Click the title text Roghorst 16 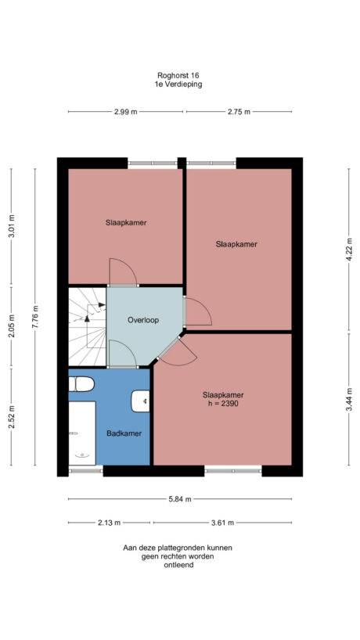(178, 76)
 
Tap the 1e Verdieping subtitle (178, 84)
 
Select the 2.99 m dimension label (125, 113)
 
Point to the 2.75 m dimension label (239, 113)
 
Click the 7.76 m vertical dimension (34, 318)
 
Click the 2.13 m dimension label (110, 523)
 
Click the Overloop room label (144, 320)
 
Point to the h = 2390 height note (223, 404)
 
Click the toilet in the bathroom (80, 383)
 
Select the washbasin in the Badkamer (142, 401)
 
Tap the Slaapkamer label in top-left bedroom (126, 223)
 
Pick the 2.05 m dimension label (10, 323)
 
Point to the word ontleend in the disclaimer (178, 565)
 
